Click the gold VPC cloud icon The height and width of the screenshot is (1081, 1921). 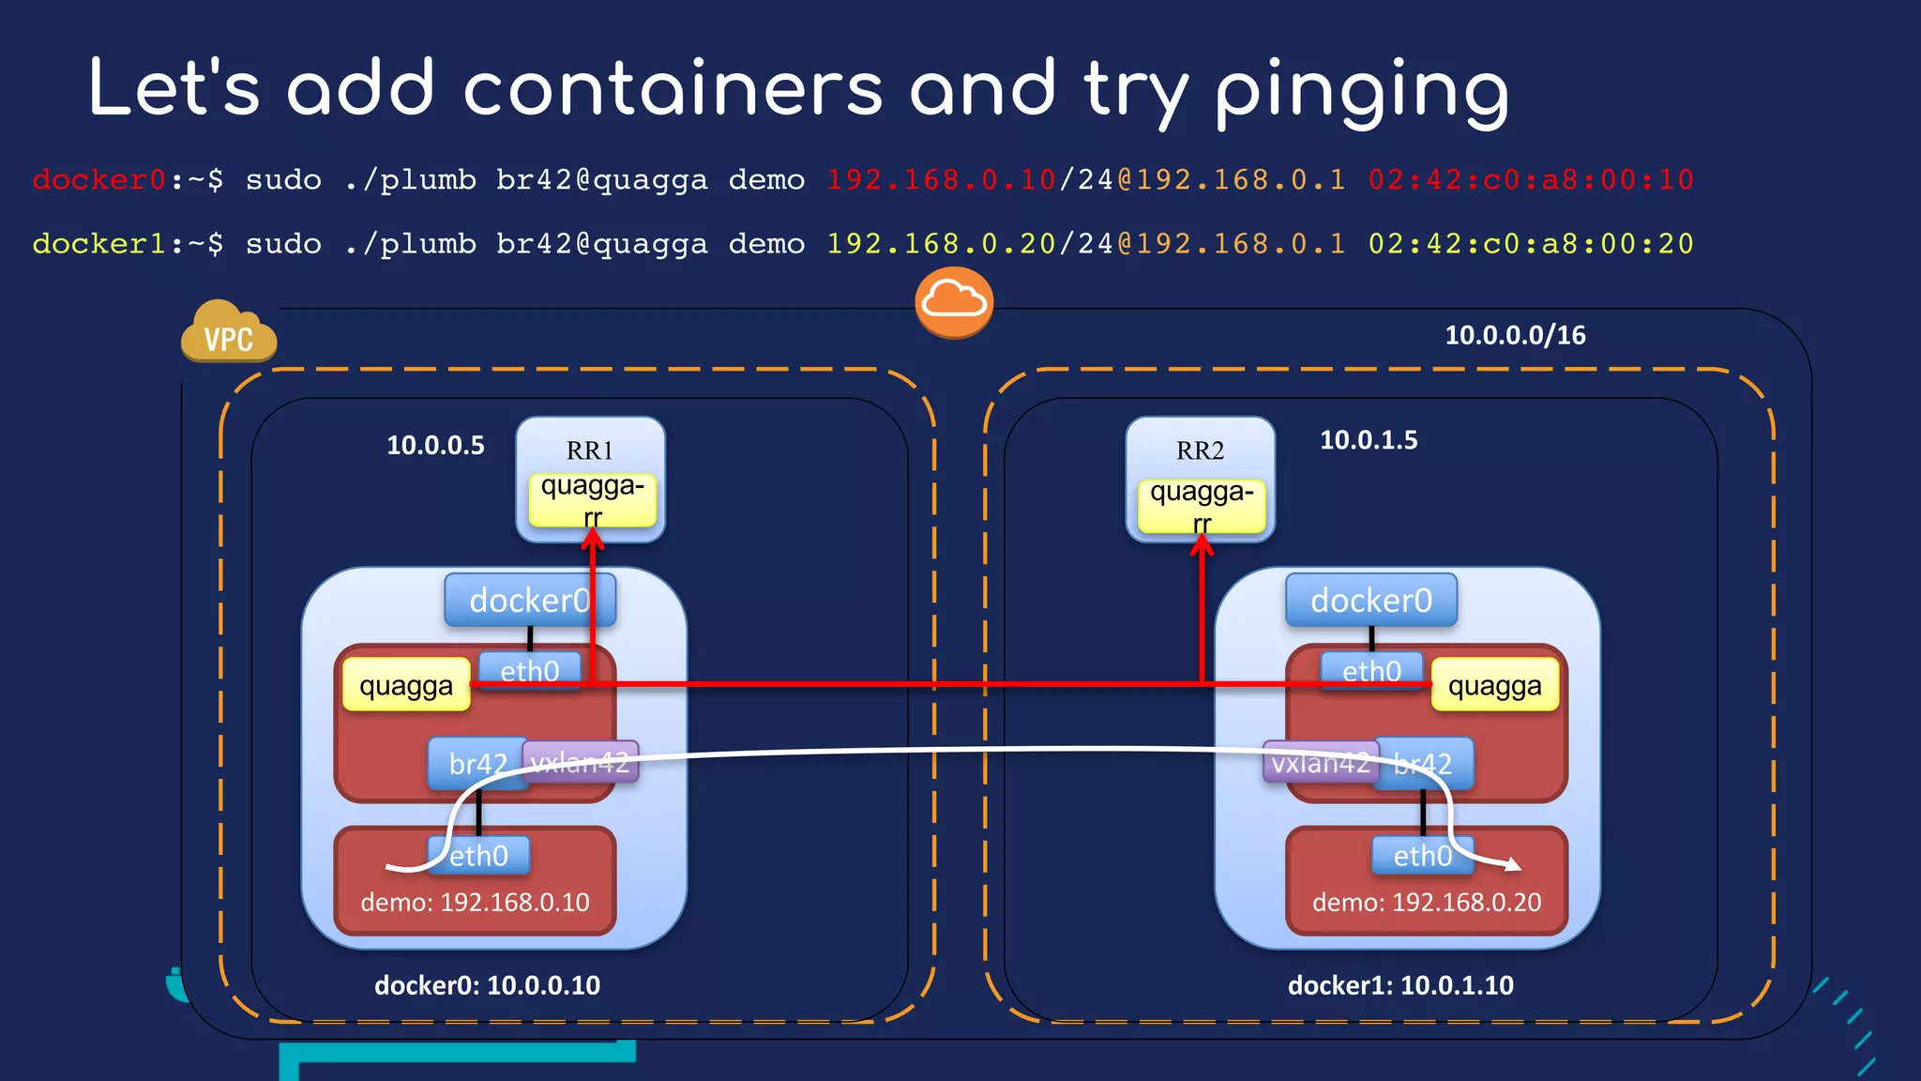click(228, 332)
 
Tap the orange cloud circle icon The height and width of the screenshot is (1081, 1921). click(954, 302)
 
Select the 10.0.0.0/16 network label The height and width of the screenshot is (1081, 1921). click(1515, 335)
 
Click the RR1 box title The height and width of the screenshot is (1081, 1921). click(589, 450)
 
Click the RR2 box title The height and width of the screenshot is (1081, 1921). click(1200, 450)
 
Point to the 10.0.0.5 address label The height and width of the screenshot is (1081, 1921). click(435, 445)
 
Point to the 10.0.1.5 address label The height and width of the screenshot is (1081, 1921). click(1369, 440)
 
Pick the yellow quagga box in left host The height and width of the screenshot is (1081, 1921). click(406, 686)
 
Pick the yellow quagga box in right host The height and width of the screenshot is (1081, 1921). click(1494, 686)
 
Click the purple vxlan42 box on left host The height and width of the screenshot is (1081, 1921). click(580, 762)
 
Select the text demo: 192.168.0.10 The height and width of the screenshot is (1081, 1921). click(475, 903)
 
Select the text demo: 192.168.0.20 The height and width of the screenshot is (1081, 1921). click(1426, 903)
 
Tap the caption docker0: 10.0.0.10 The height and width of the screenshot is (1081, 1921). click(487, 985)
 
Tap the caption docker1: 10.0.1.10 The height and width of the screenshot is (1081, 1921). click(1400, 985)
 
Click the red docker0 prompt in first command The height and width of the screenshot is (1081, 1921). click(98, 179)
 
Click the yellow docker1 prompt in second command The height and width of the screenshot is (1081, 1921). click(98, 244)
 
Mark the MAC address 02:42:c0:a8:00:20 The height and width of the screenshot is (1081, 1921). click(1530, 244)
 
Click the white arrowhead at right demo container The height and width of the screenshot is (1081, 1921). click(1512, 863)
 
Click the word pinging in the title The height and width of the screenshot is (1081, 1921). click(1362, 90)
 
